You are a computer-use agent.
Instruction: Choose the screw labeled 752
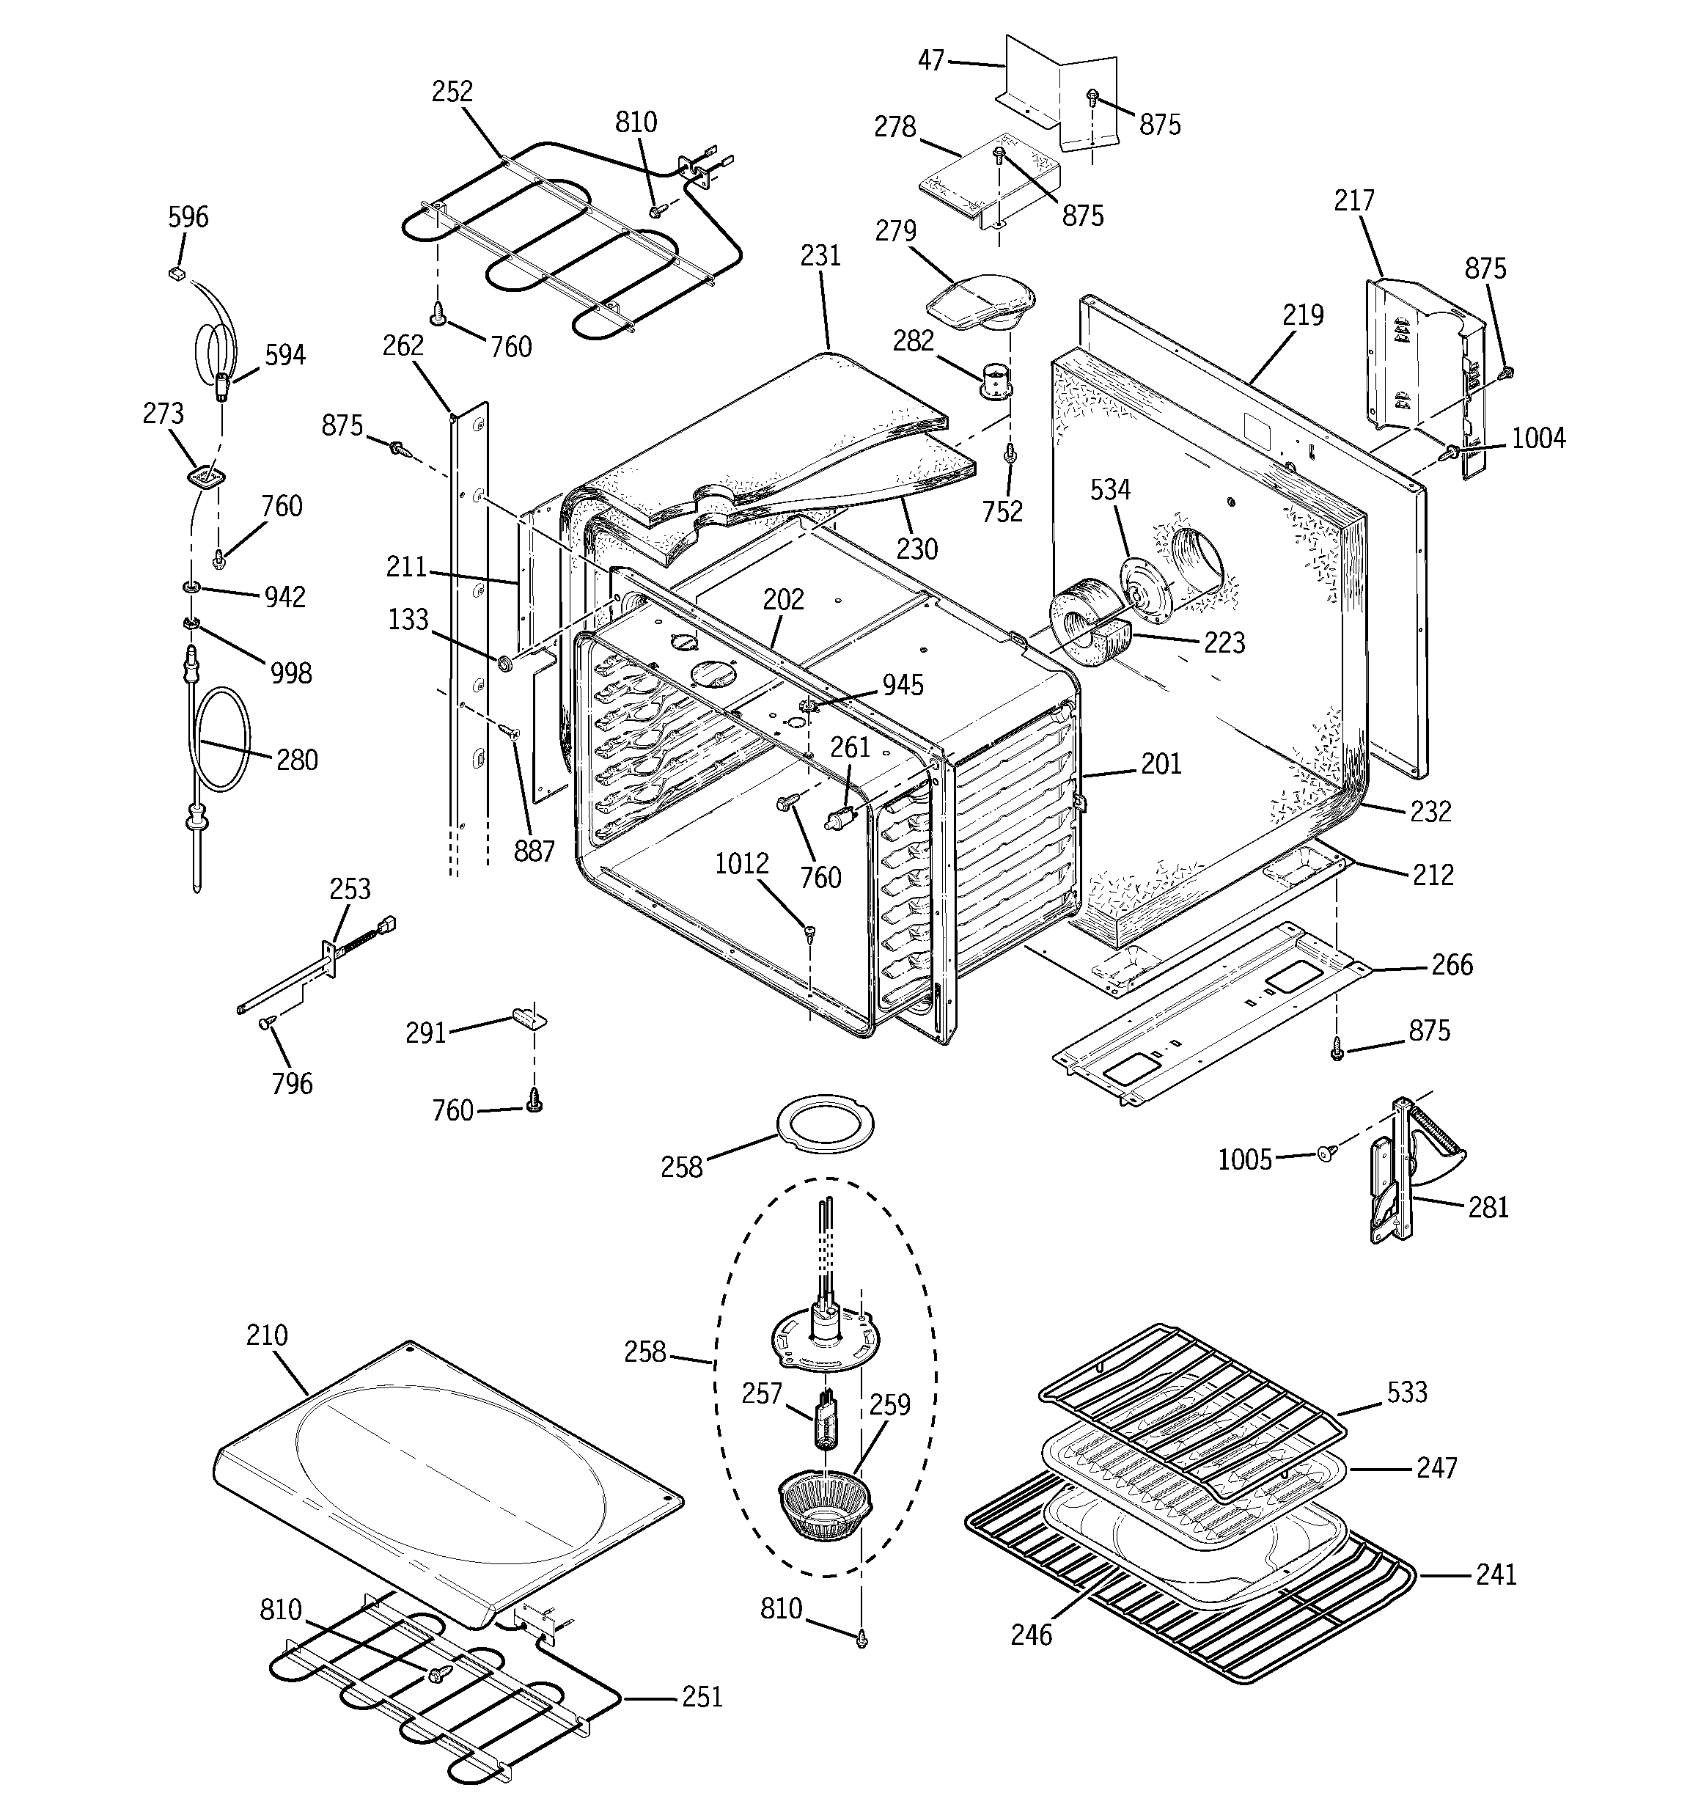[1010, 453]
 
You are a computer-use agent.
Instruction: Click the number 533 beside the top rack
[1407, 1393]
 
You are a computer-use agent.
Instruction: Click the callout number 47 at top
[931, 61]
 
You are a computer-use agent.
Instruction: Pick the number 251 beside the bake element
[702, 1697]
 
